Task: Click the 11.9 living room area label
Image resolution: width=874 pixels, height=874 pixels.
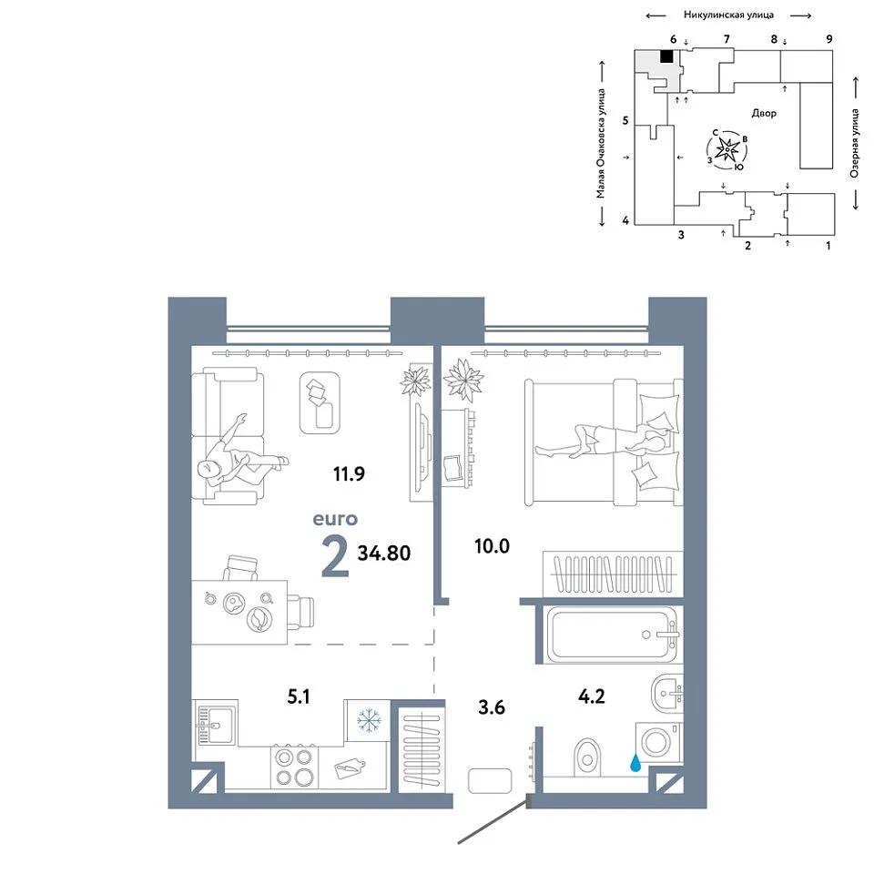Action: (349, 473)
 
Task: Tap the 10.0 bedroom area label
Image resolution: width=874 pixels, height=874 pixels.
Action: (492, 546)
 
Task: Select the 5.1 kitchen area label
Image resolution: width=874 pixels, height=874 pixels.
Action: (299, 696)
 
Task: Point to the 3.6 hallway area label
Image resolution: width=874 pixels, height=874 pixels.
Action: (492, 707)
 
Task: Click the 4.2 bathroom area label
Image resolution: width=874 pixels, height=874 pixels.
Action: (592, 696)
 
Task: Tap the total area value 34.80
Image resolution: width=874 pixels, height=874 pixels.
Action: (384, 553)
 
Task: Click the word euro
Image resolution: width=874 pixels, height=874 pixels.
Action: (335, 519)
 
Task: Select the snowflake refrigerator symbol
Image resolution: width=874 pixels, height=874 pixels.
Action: (369, 720)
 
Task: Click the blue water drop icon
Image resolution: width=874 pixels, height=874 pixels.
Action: (635, 763)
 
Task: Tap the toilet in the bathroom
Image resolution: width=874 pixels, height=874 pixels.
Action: (587, 757)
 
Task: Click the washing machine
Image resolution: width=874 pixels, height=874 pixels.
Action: (658, 742)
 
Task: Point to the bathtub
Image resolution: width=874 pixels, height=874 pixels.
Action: (613, 635)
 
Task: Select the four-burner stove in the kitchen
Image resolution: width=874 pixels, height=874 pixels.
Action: (294, 767)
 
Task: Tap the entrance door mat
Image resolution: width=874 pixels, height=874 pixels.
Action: (490, 780)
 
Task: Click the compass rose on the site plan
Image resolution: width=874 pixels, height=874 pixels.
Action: (727, 149)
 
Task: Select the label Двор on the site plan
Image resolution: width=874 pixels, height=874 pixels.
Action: (764, 113)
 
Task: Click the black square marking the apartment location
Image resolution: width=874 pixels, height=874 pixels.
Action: (666, 56)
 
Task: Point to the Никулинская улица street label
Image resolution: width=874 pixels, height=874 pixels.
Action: (728, 15)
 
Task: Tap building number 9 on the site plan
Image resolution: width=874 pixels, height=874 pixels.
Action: (829, 39)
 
